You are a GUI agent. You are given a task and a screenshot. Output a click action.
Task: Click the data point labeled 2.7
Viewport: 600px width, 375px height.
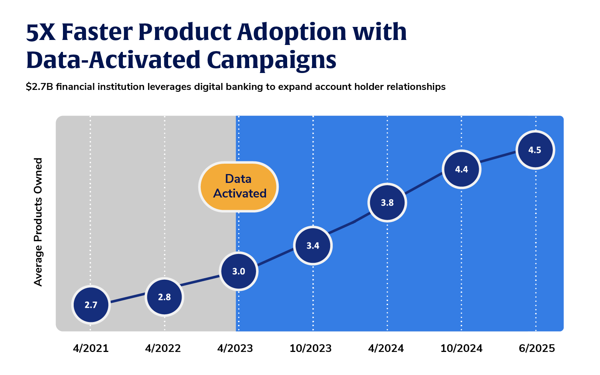click(91, 305)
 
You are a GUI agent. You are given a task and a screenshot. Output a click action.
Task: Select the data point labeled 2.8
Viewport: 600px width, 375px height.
click(164, 297)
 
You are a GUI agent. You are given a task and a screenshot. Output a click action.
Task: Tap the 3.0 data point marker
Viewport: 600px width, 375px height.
click(238, 271)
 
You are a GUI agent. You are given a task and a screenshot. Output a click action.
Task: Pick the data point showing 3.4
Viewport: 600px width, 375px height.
click(313, 246)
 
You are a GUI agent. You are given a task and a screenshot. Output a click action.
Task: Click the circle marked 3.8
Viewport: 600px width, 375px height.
click(387, 202)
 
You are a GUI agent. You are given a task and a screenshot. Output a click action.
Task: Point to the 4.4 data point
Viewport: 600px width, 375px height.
click(461, 169)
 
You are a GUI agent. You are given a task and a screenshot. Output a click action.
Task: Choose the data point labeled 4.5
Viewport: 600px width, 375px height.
click(535, 150)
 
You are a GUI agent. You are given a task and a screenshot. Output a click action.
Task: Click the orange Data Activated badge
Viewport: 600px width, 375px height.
click(238, 186)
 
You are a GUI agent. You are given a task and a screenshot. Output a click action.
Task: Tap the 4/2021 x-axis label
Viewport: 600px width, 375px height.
click(91, 348)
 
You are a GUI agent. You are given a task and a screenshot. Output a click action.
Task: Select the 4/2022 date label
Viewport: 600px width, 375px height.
click(163, 348)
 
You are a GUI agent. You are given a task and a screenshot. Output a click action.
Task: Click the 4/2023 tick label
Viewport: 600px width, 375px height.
click(235, 348)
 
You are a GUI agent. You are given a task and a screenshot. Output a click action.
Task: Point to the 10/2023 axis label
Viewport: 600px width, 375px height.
click(311, 348)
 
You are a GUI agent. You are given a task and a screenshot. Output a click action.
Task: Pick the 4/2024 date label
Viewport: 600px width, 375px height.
click(386, 348)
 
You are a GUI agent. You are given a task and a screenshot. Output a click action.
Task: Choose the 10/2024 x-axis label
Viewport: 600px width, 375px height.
click(461, 348)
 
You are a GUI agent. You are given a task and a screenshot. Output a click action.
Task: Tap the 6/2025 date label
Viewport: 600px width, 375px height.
click(537, 348)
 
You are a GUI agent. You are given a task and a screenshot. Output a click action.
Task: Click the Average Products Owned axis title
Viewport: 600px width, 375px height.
click(38, 222)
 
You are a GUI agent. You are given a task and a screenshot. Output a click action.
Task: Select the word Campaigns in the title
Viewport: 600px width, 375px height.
click(271, 60)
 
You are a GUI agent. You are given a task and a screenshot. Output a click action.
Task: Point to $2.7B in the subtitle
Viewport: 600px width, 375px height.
click(40, 87)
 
